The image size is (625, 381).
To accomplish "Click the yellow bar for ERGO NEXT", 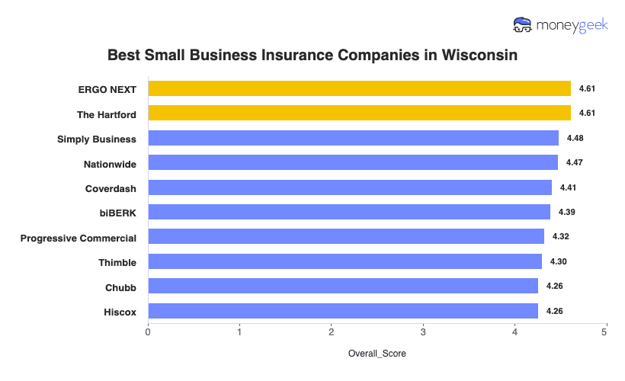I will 359,89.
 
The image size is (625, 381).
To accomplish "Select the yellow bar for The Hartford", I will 359,114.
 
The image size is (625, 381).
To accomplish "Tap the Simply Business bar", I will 353,138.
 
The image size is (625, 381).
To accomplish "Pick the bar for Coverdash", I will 350,187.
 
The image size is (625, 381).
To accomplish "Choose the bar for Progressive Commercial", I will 346,236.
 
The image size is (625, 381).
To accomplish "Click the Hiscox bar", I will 343,311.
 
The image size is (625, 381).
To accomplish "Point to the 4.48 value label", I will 575,138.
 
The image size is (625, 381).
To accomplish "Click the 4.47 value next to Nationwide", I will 574,163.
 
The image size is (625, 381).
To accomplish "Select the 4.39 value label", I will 566,212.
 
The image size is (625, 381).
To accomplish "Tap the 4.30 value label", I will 558,261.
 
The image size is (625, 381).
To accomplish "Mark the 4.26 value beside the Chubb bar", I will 554,287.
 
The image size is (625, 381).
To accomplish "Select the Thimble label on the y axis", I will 117,262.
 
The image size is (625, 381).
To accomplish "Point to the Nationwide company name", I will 110,163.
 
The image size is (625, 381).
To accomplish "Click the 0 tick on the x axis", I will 148,332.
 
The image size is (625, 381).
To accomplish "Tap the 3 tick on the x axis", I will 423,332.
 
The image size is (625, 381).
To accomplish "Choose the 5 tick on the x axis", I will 606,332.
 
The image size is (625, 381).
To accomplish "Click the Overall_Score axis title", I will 377,354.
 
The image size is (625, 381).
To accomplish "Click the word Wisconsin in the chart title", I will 470,56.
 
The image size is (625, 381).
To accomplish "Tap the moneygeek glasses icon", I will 523,25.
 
